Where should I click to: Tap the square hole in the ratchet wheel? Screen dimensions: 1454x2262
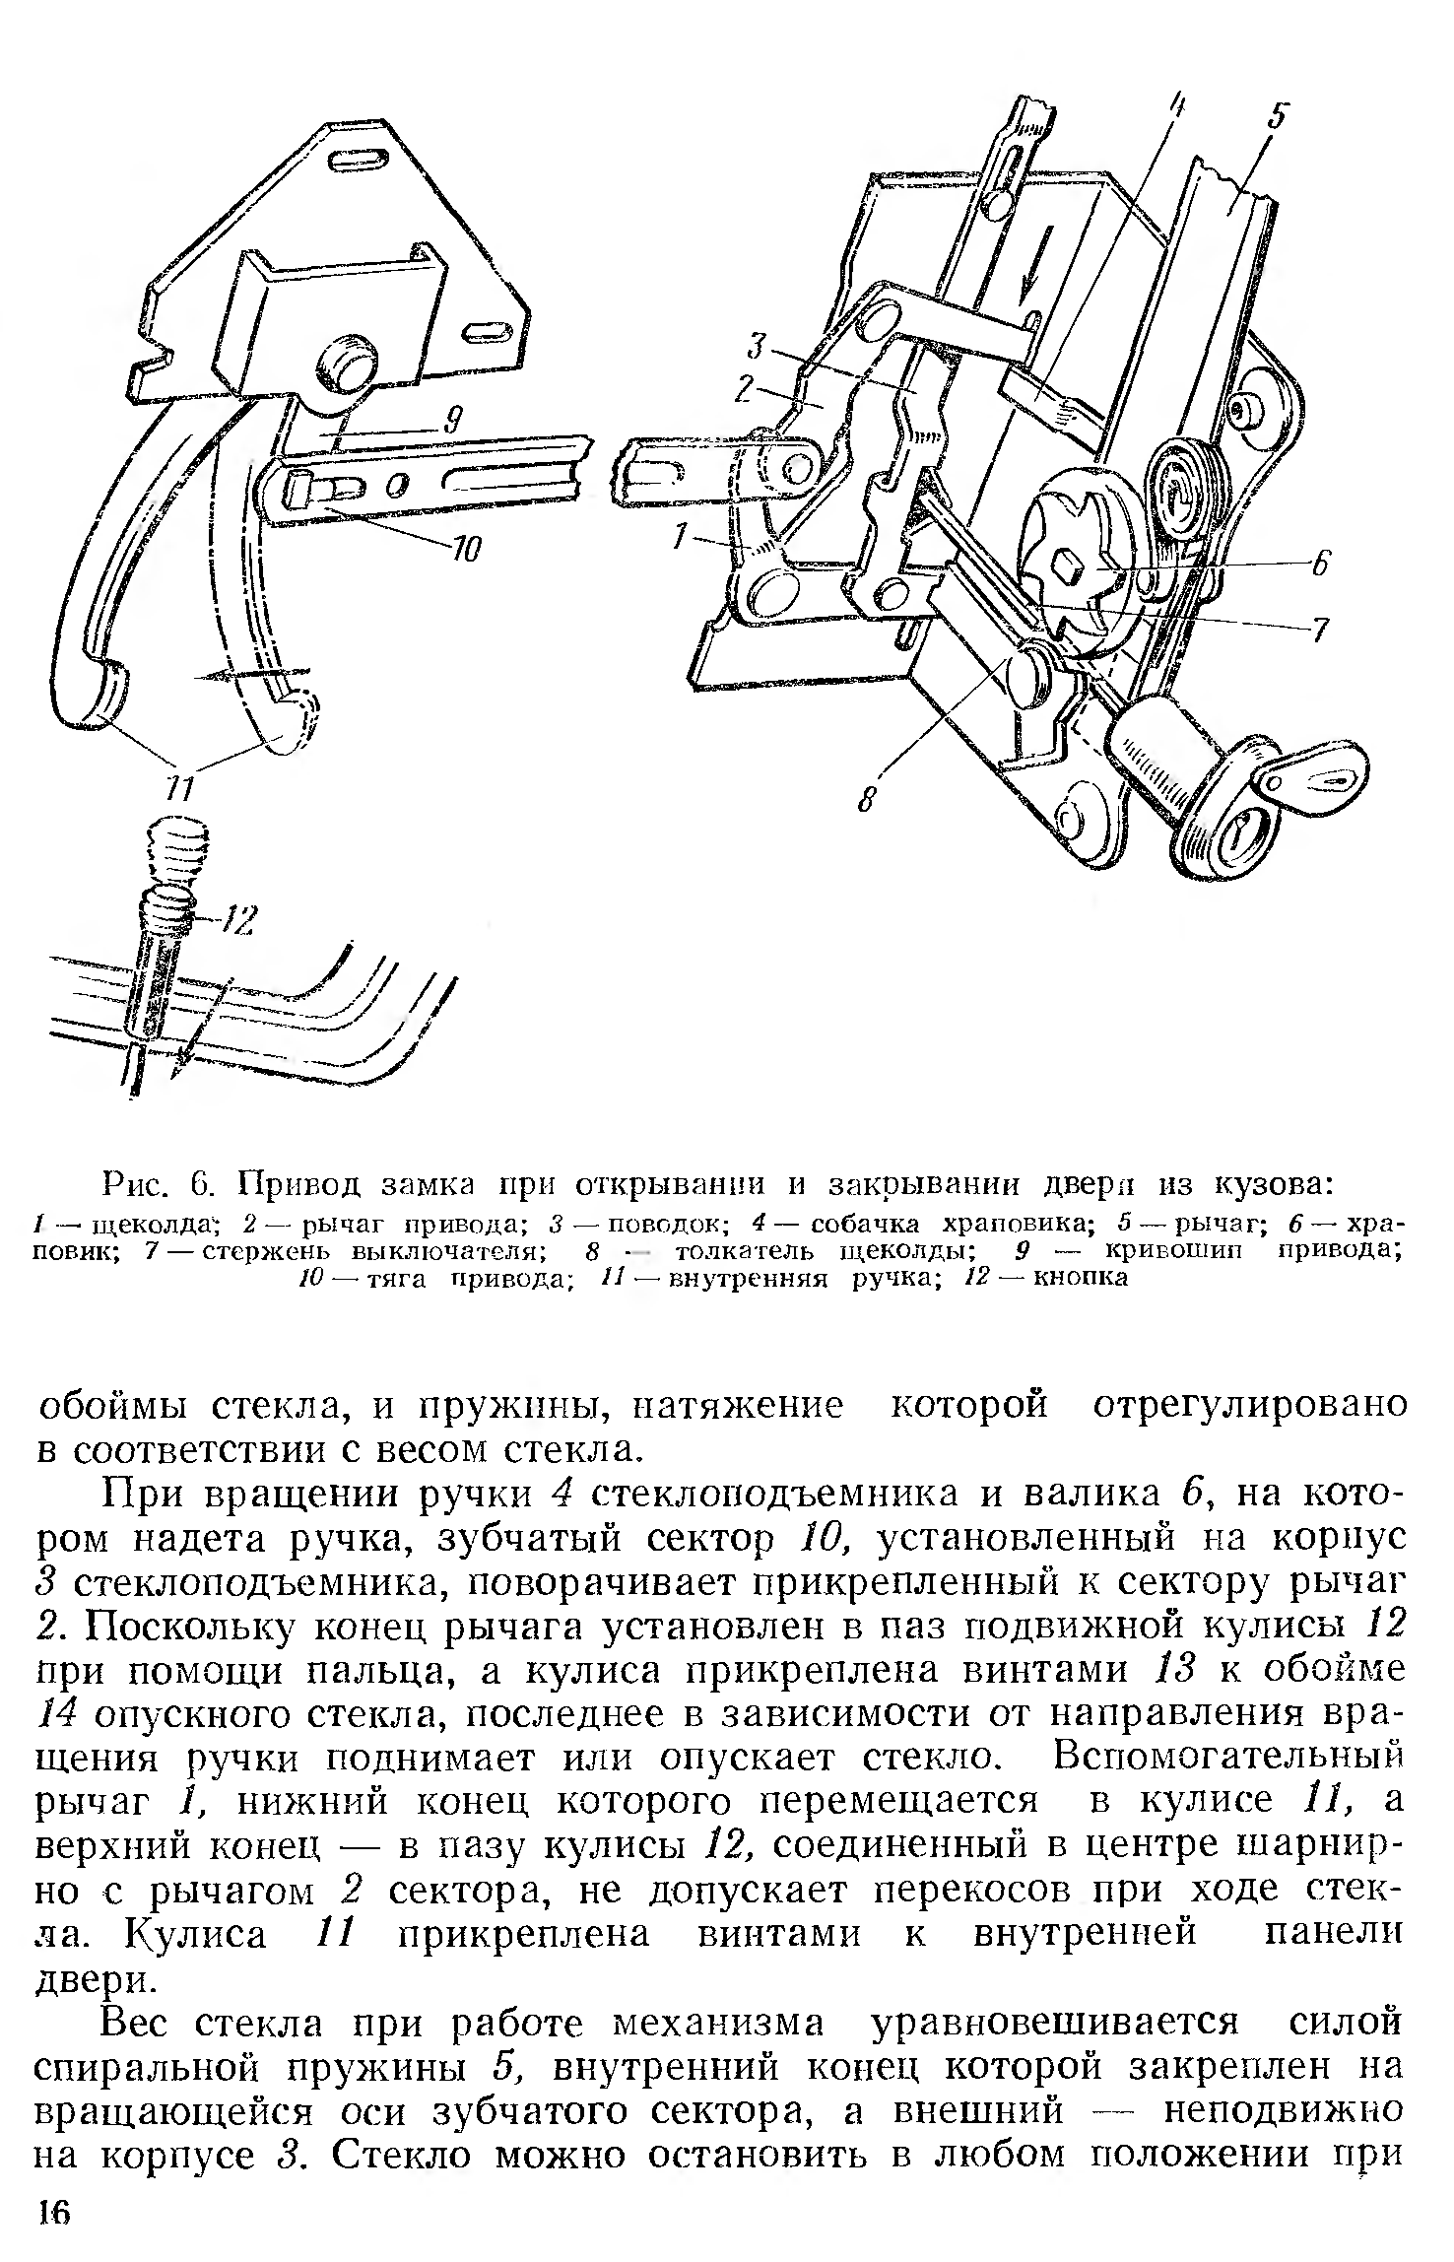(1069, 567)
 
